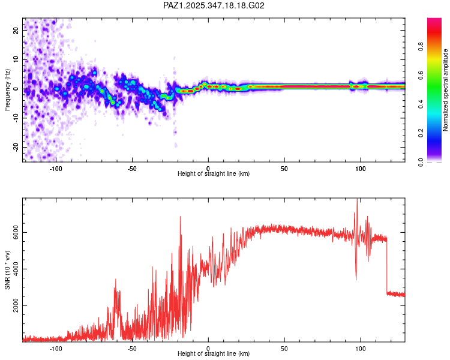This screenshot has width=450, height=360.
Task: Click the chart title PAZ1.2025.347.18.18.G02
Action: [214, 5]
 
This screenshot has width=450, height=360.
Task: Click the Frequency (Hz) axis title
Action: [7, 89]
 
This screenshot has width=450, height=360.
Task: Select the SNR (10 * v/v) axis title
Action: [7, 270]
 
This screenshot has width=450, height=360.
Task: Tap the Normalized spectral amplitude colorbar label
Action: [446, 90]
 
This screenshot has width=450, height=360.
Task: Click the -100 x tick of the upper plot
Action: [56, 168]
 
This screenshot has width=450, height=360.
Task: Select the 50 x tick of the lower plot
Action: [284, 348]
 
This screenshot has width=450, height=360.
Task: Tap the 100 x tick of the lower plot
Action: [360, 348]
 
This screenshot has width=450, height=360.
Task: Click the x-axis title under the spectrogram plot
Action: [214, 174]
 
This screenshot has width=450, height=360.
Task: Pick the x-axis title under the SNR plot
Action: [214, 354]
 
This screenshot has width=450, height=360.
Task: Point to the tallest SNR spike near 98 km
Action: [358, 202]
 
